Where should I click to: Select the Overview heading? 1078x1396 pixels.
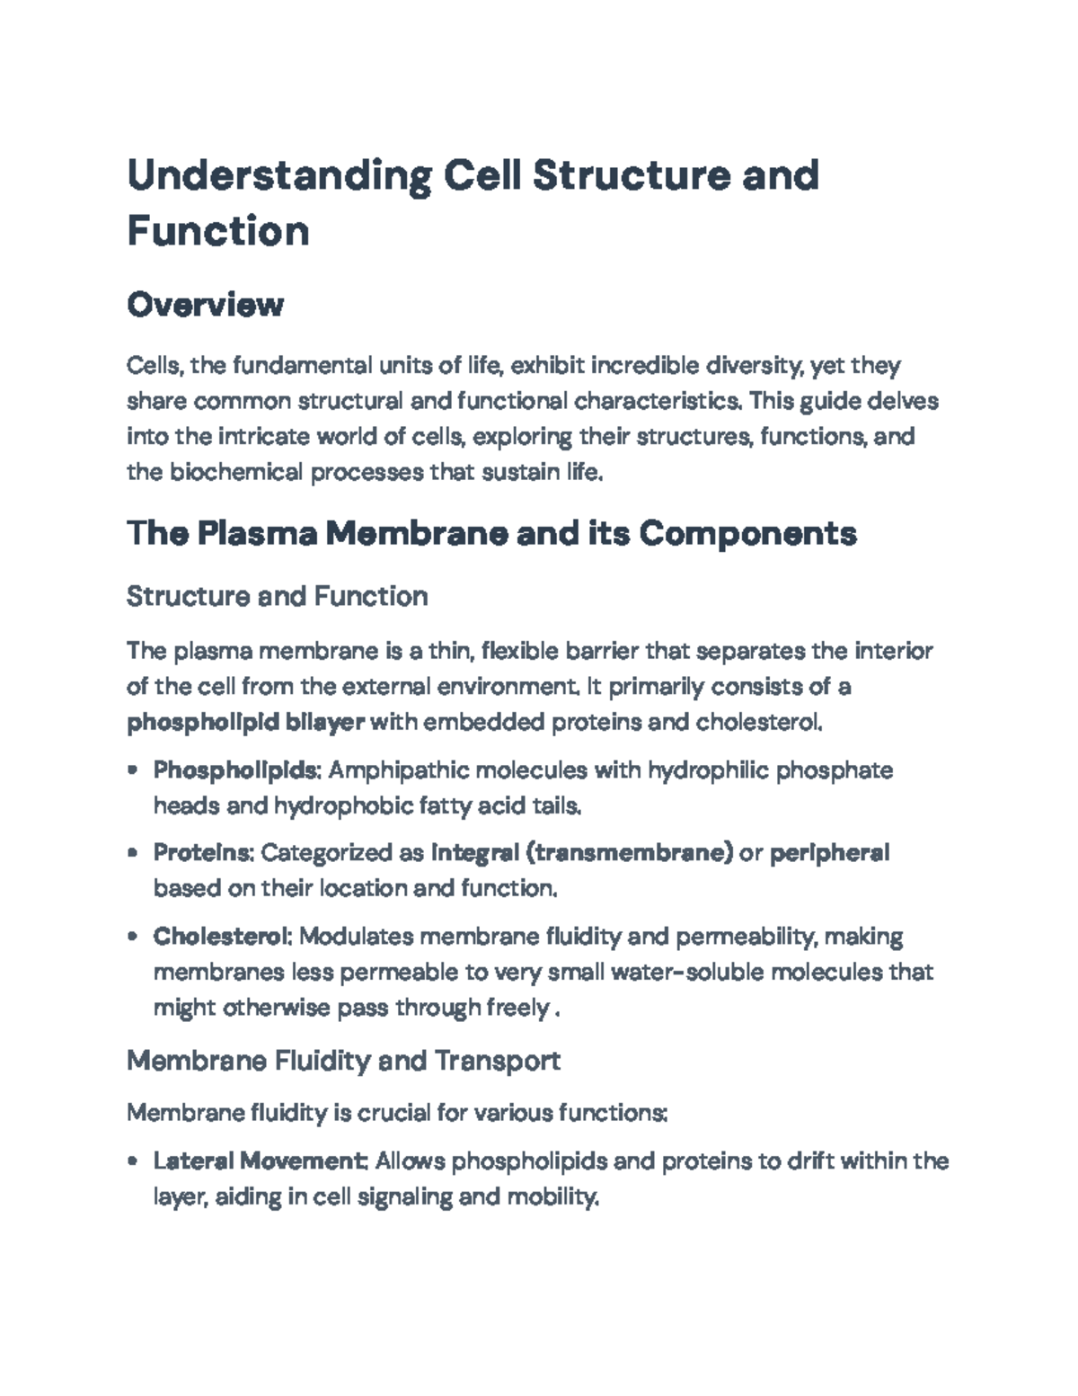coord(205,306)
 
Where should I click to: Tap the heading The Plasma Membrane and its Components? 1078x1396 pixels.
coord(491,534)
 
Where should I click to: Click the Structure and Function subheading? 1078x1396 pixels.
coord(277,596)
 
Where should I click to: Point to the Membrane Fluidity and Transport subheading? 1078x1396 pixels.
coord(343,1061)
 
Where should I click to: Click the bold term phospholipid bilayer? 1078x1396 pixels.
coord(245,723)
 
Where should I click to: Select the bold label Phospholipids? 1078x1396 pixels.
coord(236,770)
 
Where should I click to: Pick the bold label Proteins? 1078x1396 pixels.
coord(203,852)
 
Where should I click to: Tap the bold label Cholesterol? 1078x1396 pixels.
coord(221,937)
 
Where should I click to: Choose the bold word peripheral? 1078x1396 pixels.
coord(829,852)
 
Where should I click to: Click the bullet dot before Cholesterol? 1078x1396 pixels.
coord(133,937)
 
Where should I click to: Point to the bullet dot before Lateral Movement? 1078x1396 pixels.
coord(133,1161)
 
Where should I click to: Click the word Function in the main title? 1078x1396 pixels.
coord(218,231)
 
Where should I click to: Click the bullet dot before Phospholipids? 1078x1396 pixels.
coord(133,770)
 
